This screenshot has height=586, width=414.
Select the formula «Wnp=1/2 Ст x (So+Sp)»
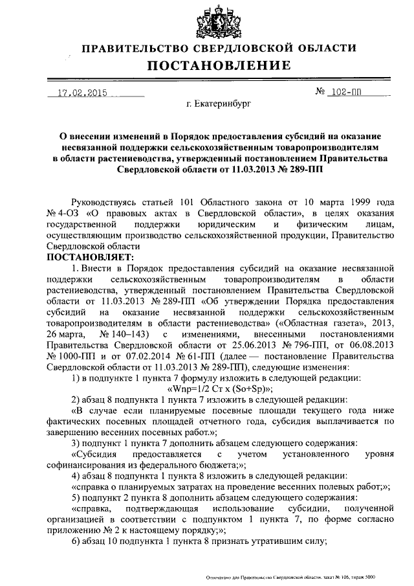point(220,389)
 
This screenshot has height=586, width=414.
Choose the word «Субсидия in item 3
point(96,455)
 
